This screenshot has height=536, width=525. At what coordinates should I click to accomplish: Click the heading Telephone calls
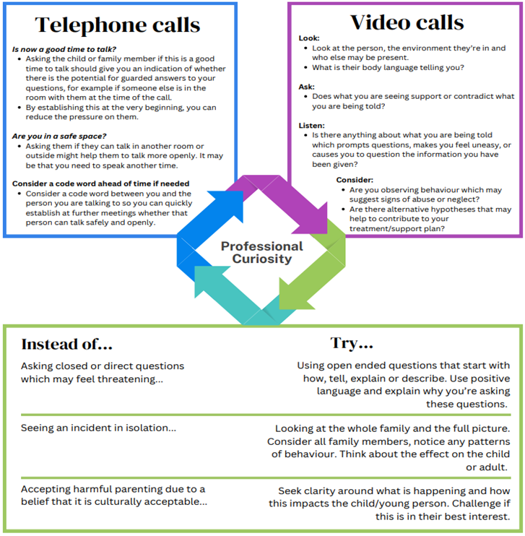(x=117, y=25)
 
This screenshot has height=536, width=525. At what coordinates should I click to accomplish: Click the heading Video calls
(x=407, y=22)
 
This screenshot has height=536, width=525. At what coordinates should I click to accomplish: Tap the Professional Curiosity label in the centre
(x=261, y=253)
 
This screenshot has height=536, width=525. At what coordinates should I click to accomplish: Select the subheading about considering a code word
(x=100, y=183)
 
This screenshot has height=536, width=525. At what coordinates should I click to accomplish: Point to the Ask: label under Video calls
(x=306, y=85)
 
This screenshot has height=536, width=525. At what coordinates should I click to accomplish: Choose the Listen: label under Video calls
(x=311, y=124)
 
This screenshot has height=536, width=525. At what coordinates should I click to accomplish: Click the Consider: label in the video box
(x=355, y=179)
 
